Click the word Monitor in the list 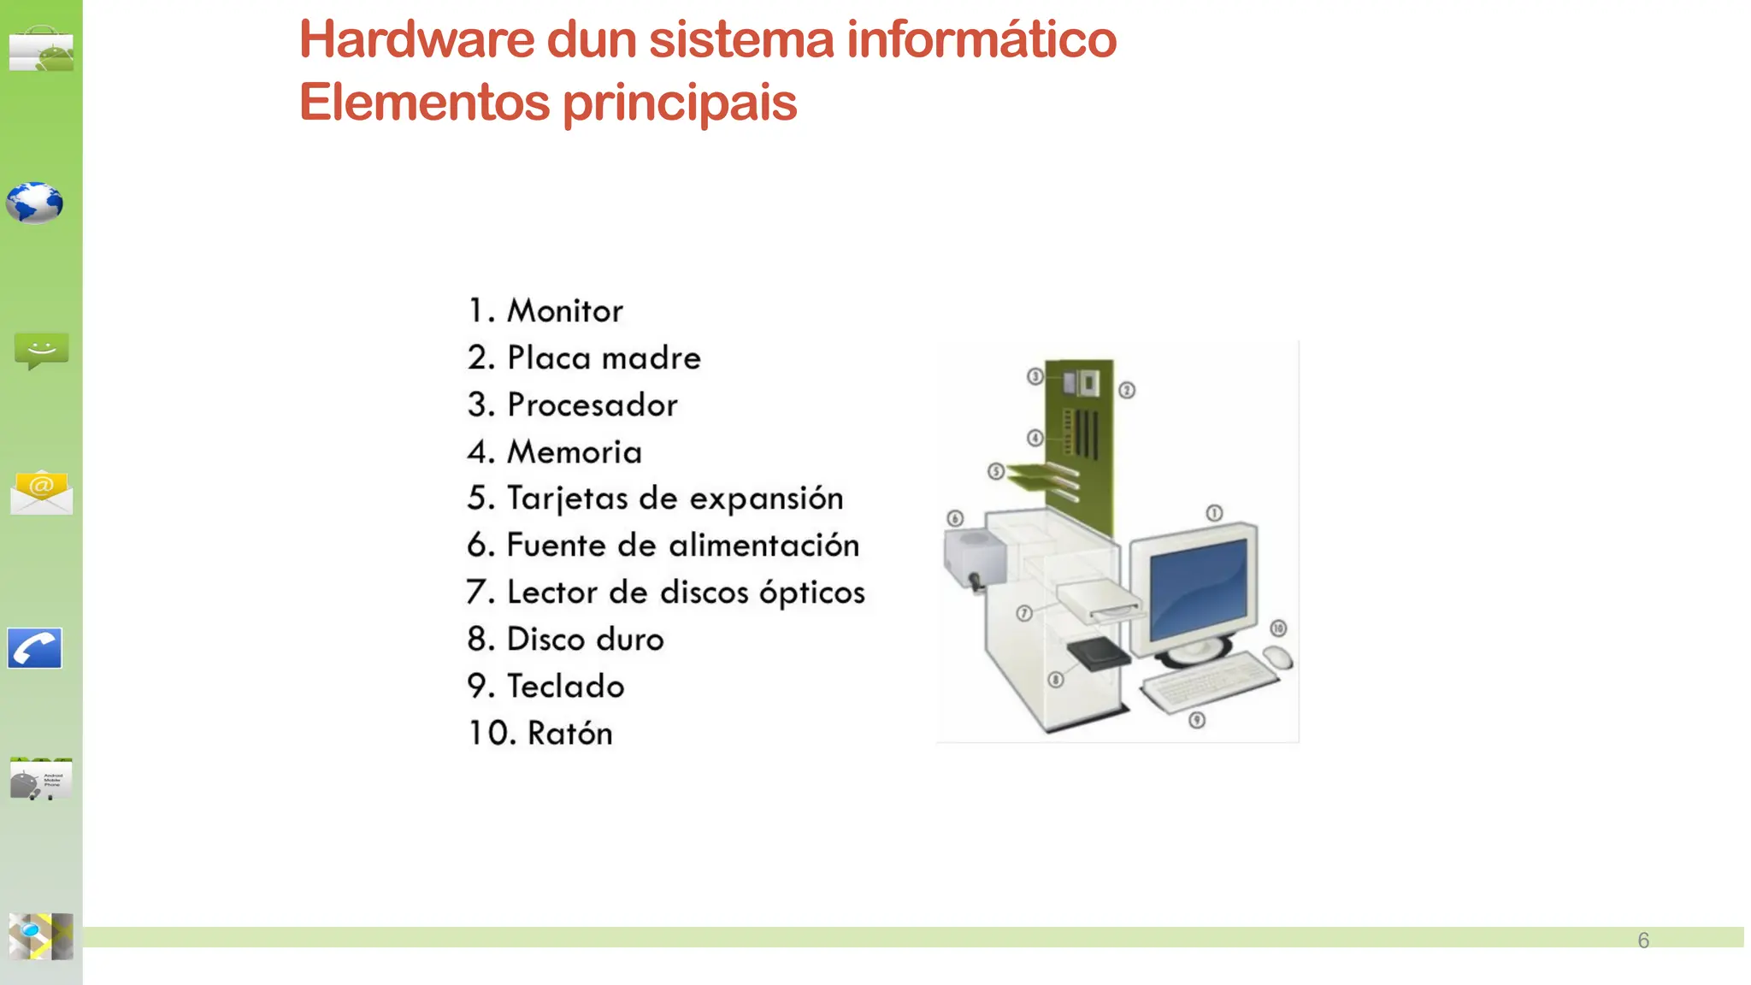coord(564,311)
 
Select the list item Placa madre coord(603,358)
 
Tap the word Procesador coord(592,405)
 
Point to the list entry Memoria coord(574,452)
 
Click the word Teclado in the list coord(565,687)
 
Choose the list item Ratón coord(569,734)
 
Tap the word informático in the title coord(981,40)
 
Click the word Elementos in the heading coord(424,103)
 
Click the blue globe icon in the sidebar coord(34,203)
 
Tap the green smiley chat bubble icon coord(41,351)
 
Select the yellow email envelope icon coord(41,492)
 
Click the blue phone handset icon coord(35,648)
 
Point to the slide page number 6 coord(1642,941)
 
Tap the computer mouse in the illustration coord(1278,657)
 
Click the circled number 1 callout coord(1214,513)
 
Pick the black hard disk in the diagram coord(1098,653)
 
